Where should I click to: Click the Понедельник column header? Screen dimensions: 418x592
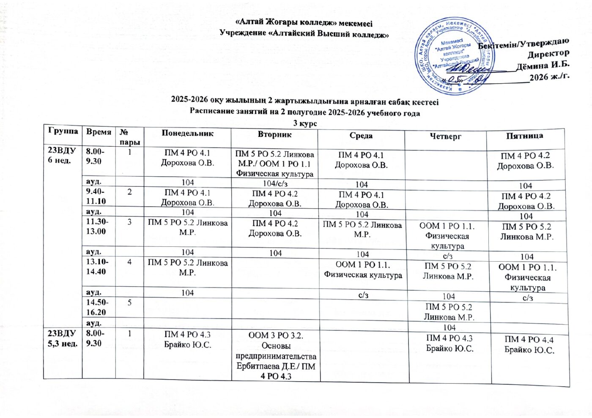click(187, 134)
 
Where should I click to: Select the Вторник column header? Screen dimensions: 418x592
click(275, 134)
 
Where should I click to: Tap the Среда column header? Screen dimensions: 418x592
click(361, 135)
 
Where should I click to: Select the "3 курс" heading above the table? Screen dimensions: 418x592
click(305, 123)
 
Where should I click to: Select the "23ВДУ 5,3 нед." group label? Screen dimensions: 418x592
click(62, 338)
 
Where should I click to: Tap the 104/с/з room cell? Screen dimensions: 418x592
click(275, 183)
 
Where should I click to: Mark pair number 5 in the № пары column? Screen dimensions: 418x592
click(129, 303)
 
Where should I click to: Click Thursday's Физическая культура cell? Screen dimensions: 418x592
click(447, 236)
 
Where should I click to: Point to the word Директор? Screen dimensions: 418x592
click(548, 54)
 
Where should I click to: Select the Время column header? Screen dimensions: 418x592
click(99, 132)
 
